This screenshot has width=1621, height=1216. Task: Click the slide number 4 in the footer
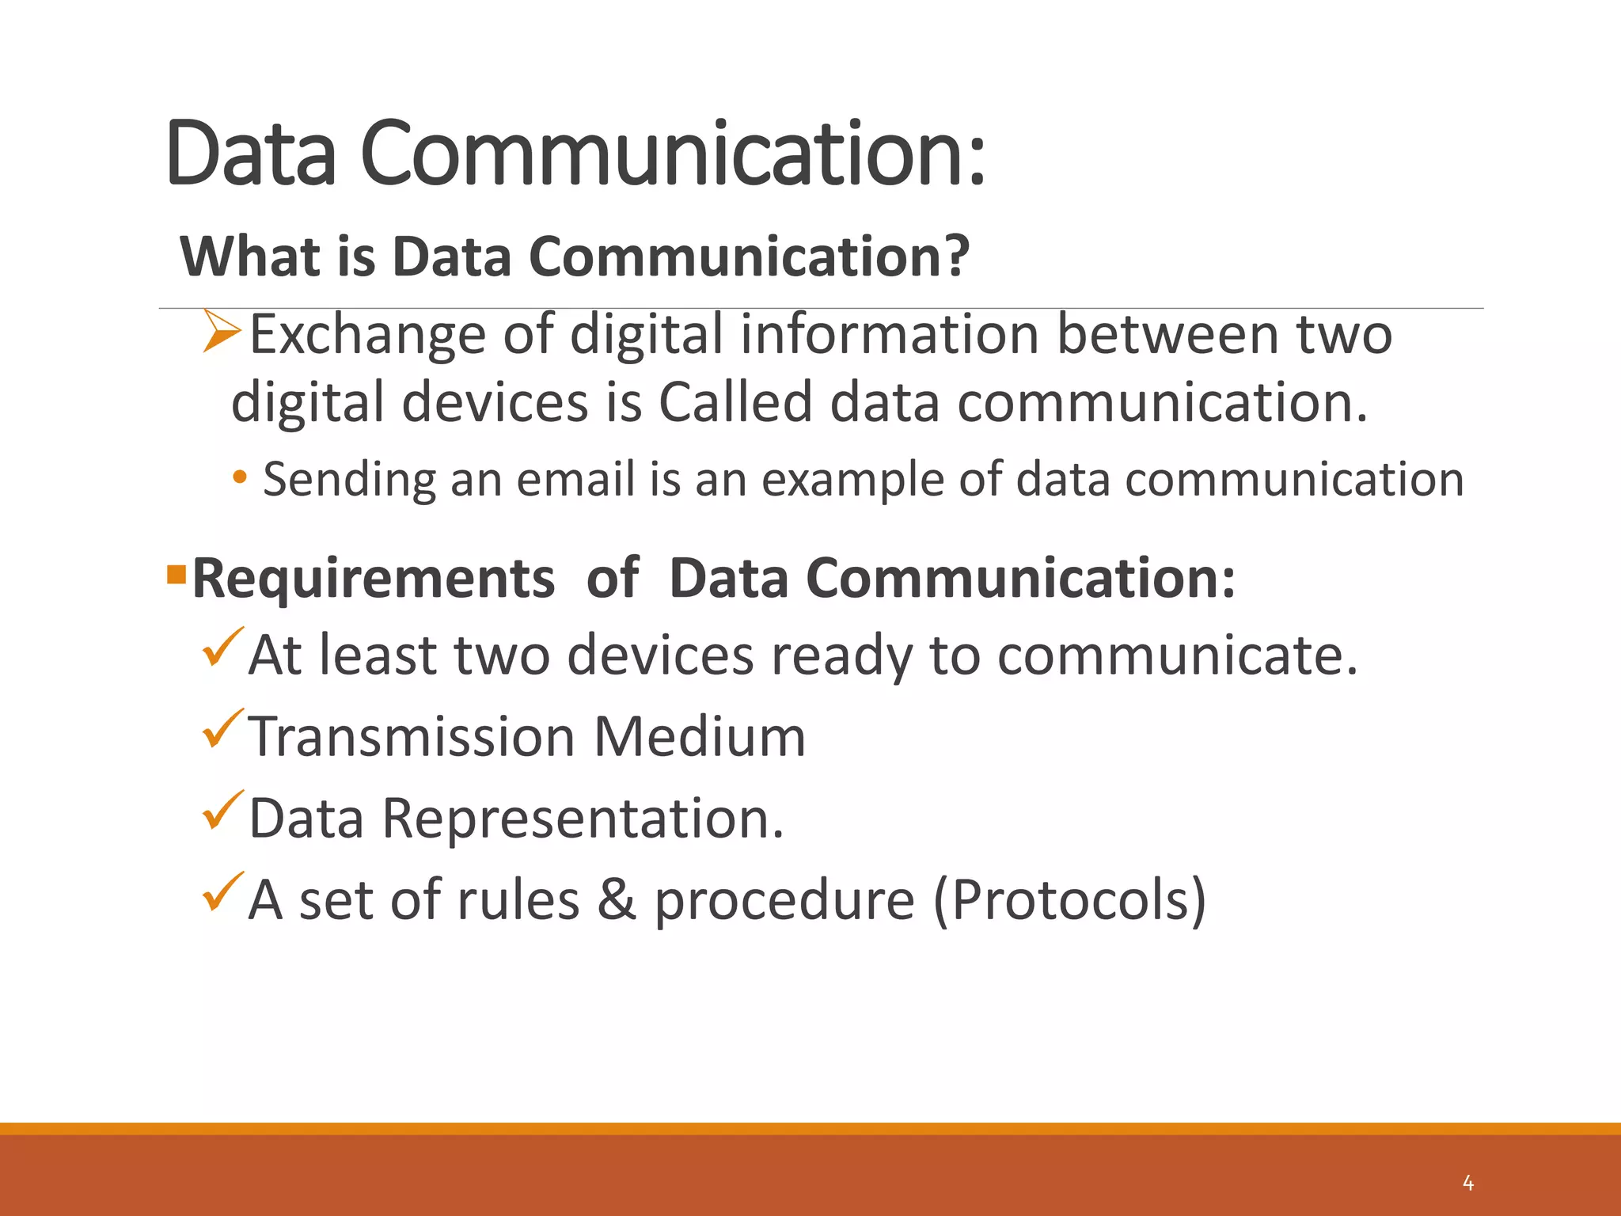click(x=1468, y=1184)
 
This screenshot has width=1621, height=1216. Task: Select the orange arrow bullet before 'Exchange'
click(x=222, y=331)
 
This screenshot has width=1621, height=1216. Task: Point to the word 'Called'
click(x=735, y=401)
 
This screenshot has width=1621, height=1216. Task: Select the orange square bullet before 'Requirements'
click(x=176, y=572)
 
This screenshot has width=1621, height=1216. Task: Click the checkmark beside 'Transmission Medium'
click(x=222, y=728)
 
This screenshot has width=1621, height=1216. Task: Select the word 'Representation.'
click(x=583, y=819)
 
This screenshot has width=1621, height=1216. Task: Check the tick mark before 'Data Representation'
click(x=222, y=810)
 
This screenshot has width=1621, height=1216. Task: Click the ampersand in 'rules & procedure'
click(x=617, y=900)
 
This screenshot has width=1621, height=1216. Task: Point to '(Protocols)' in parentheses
click(x=1070, y=901)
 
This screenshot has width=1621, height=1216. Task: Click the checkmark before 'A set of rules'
click(x=222, y=891)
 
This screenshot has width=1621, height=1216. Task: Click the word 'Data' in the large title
click(x=252, y=152)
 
